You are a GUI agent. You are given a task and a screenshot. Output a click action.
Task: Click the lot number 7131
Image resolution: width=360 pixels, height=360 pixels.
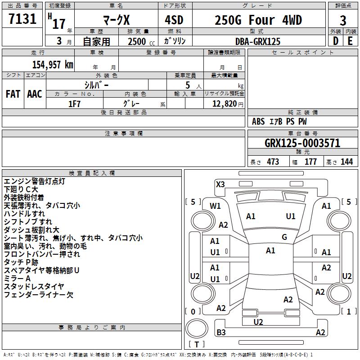click(22, 18)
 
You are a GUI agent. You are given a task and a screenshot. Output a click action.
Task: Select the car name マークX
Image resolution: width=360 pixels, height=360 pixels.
click(117, 20)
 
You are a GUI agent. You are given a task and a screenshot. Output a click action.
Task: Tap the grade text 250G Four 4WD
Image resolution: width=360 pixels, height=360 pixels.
click(258, 20)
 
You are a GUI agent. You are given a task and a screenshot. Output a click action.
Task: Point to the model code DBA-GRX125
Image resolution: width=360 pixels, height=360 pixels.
click(258, 41)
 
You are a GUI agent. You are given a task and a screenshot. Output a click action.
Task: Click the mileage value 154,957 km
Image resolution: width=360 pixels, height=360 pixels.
click(53, 65)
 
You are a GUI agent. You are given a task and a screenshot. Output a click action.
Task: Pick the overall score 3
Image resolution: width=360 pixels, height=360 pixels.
click(343, 21)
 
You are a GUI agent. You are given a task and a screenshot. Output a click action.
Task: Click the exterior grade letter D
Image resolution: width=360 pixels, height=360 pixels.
click(336, 41)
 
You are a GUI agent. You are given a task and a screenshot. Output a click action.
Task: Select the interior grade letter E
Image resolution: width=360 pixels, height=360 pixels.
click(350, 41)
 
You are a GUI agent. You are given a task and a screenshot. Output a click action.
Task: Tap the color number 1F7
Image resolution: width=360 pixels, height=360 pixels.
click(74, 104)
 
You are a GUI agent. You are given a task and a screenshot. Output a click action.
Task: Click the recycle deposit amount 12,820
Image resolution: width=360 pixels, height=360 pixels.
click(225, 104)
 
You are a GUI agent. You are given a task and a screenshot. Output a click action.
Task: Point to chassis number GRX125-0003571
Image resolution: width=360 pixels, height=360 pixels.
click(302, 143)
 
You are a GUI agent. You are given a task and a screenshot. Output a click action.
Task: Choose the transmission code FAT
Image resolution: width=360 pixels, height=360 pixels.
click(13, 94)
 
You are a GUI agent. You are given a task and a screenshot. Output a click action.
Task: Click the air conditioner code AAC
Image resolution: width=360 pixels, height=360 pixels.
click(35, 94)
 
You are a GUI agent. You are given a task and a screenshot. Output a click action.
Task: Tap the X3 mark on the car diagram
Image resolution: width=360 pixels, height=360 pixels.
click(220, 184)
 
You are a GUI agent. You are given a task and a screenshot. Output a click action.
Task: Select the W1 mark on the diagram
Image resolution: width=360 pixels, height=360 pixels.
click(215, 206)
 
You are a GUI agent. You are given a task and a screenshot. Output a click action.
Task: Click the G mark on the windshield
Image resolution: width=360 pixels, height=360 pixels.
click(284, 237)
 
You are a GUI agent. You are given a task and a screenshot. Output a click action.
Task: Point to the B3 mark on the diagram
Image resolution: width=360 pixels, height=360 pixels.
click(221, 332)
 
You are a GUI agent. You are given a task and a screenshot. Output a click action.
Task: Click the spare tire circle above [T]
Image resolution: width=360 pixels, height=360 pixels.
click(197, 328)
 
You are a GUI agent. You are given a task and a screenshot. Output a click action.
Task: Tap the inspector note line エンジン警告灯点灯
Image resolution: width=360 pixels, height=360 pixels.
click(35, 181)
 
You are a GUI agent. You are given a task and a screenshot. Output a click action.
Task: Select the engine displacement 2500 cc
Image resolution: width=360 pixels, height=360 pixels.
click(141, 41)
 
